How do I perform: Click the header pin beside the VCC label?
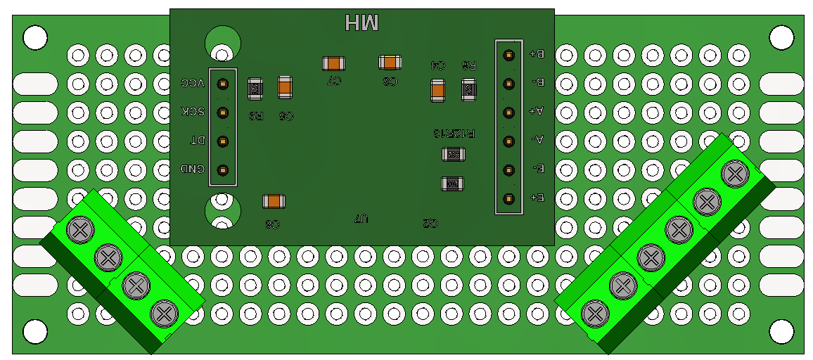pyautogui.click(x=223, y=84)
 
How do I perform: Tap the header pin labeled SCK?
pyautogui.click(x=223, y=112)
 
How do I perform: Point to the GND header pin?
pyautogui.click(x=223, y=169)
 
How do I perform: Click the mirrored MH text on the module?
pyautogui.click(x=362, y=23)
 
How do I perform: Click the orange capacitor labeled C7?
pyautogui.click(x=333, y=63)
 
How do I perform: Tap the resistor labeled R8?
pyautogui.click(x=468, y=89)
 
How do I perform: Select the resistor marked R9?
pyautogui.click(x=255, y=89)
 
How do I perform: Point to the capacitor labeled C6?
pyautogui.click(x=274, y=202)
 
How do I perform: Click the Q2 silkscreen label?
pyautogui.click(x=430, y=223)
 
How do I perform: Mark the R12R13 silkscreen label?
pyautogui.click(x=455, y=132)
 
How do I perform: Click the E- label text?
pyautogui.click(x=537, y=169)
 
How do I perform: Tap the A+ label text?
pyautogui.click(x=537, y=111)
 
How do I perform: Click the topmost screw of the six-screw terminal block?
pyautogui.click(x=734, y=173)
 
